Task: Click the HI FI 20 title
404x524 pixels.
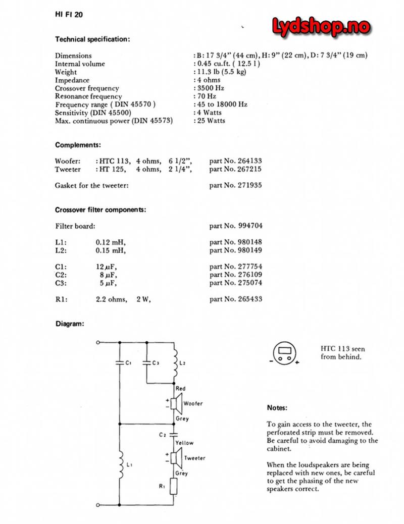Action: tap(69, 15)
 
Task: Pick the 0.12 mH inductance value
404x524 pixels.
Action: tap(110, 242)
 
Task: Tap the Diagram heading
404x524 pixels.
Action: tap(70, 324)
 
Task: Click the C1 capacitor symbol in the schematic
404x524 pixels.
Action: tap(119, 362)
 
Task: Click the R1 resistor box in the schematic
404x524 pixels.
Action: tap(174, 487)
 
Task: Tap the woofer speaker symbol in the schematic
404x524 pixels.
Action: tap(175, 403)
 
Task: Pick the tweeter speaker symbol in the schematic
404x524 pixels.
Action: tap(175, 458)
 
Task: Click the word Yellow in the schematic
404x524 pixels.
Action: tap(184, 443)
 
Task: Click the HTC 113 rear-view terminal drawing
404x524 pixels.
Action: tap(286, 352)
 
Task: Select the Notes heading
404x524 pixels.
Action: tap(277, 407)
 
